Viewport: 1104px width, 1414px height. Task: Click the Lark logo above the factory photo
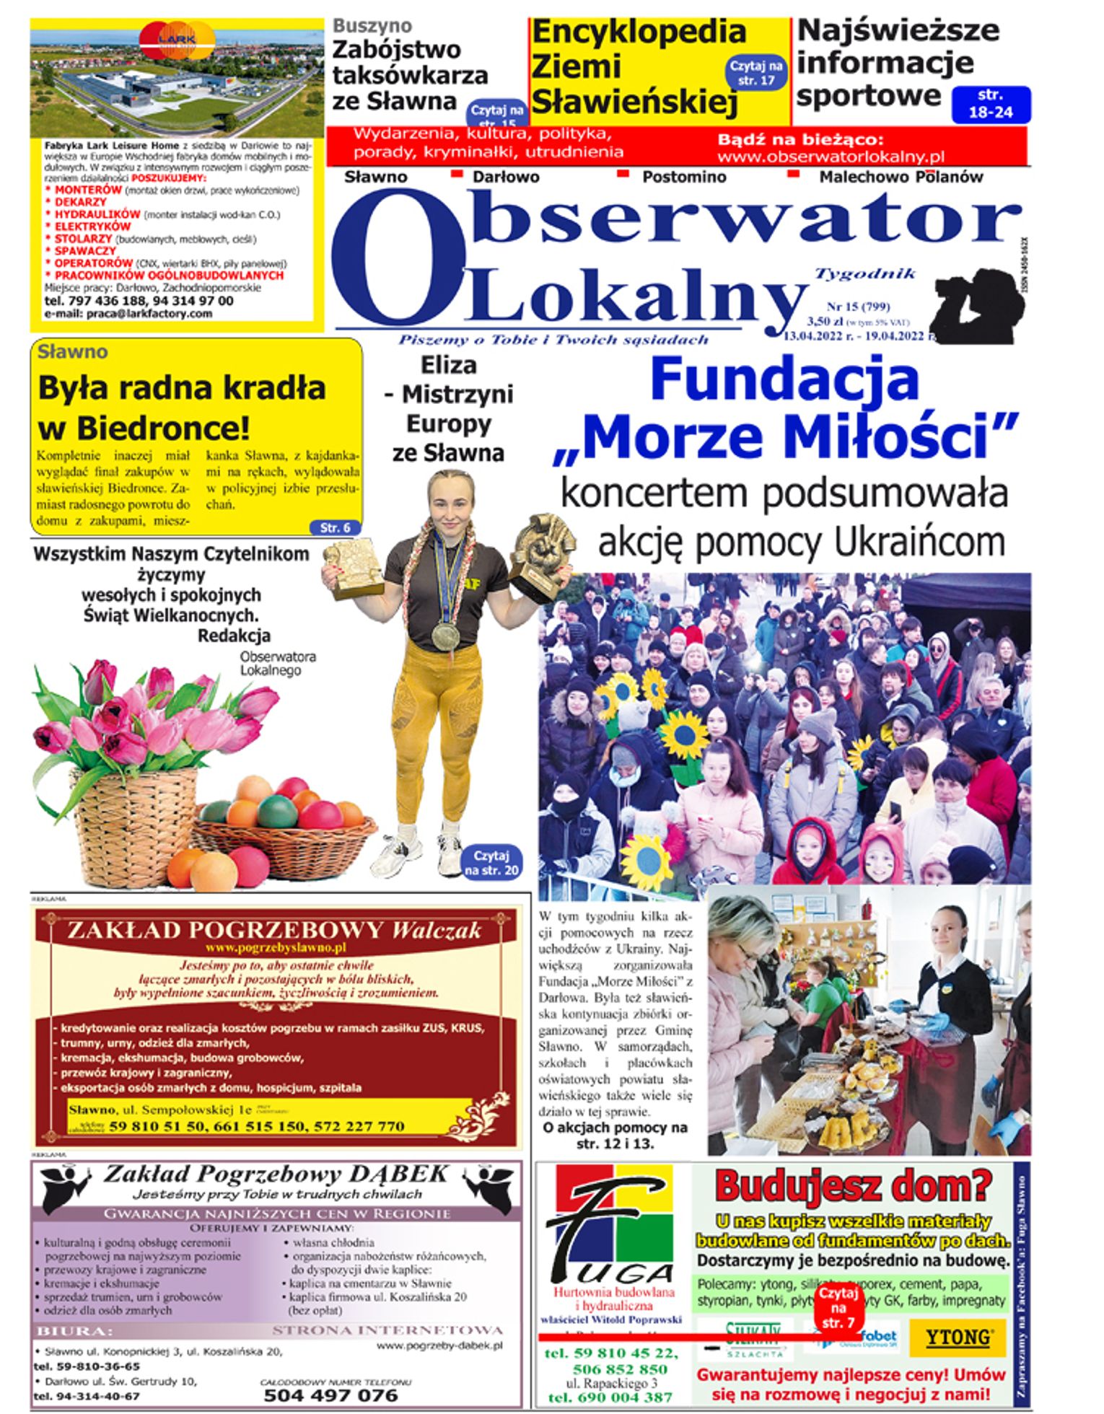point(178,40)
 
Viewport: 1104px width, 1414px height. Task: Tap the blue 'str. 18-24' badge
point(991,104)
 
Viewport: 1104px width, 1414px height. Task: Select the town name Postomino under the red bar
point(684,177)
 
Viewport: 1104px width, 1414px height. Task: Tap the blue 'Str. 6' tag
point(335,527)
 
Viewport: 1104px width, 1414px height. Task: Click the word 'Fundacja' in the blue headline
point(784,380)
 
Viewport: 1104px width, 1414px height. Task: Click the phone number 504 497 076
point(330,1395)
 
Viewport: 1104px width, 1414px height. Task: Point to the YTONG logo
point(958,1337)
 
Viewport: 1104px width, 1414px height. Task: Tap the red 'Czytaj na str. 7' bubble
point(838,1308)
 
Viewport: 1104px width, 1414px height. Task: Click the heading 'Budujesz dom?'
point(853,1186)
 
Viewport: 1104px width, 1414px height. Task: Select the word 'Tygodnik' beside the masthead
point(864,273)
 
